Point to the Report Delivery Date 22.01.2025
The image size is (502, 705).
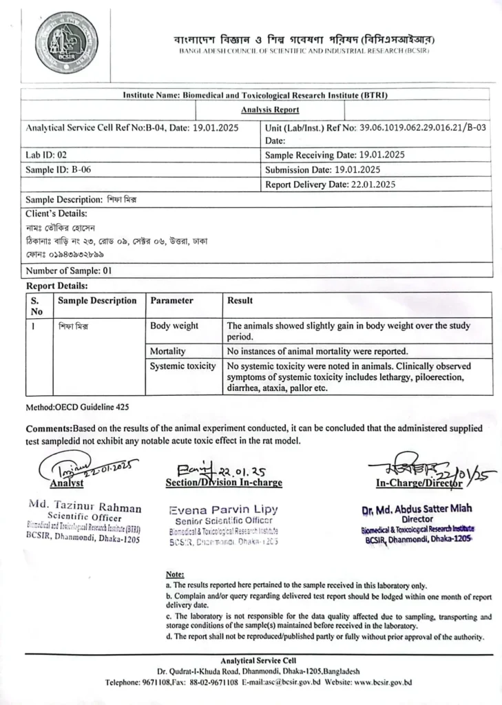pyautogui.click(x=330, y=185)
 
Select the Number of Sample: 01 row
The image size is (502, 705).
pyautogui.click(x=69, y=271)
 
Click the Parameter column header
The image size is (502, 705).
pyautogui.click(x=171, y=301)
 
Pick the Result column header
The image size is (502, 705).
pyautogui.click(x=240, y=301)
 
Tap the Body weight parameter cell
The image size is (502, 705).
pyautogui.click(x=174, y=326)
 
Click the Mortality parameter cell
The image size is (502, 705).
pyautogui.click(x=168, y=351)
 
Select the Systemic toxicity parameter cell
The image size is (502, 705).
pyautogui.click(x=182, y=366)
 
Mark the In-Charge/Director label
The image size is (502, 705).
pyautogui.click(x=407, y=483)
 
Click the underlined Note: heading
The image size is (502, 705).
pyautogui.click(x=174, y=574)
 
